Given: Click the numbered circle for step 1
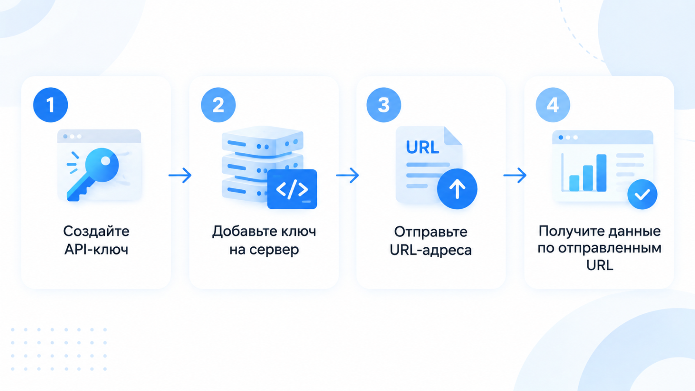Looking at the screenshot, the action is click(50, 105).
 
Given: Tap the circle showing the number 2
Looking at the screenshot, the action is click(218, 105).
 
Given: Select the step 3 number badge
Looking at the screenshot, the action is click(384, 105).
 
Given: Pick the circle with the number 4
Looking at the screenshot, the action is click(553, 105).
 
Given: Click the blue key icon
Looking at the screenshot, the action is click(93, 174).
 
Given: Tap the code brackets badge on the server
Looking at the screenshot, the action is click(292, 189).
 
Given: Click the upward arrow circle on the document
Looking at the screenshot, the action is click(457, 189).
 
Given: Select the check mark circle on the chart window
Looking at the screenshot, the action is click(642, 195).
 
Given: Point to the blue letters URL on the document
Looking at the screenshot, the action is click(423, 147).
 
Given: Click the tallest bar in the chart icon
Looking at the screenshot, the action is click(601, 173).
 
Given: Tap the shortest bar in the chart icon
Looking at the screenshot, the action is click(574, 183).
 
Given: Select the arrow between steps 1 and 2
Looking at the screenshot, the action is click(180, 176).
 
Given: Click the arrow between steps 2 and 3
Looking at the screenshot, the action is click(347, 176).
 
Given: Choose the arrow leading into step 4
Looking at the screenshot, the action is click(515, 176).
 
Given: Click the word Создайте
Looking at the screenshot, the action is click(96, 232).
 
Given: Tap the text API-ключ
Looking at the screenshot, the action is click(96, 249).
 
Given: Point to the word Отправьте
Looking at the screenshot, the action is click(430, 232).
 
